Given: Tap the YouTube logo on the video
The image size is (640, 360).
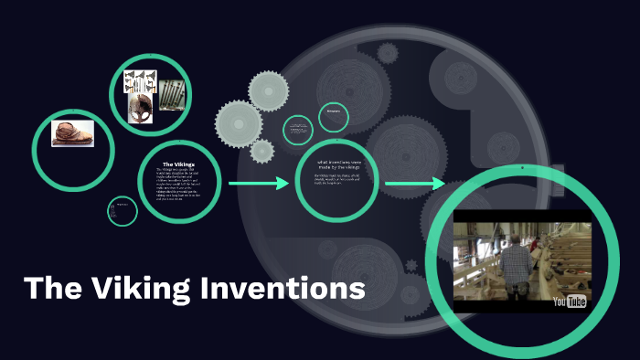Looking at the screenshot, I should [569, 301].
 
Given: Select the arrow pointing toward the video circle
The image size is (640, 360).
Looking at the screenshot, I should [415, 185].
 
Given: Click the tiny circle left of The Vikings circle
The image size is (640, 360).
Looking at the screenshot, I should [122, 211].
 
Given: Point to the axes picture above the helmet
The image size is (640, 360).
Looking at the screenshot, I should [144, 79].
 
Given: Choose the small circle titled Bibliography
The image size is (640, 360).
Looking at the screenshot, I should [334, 116].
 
